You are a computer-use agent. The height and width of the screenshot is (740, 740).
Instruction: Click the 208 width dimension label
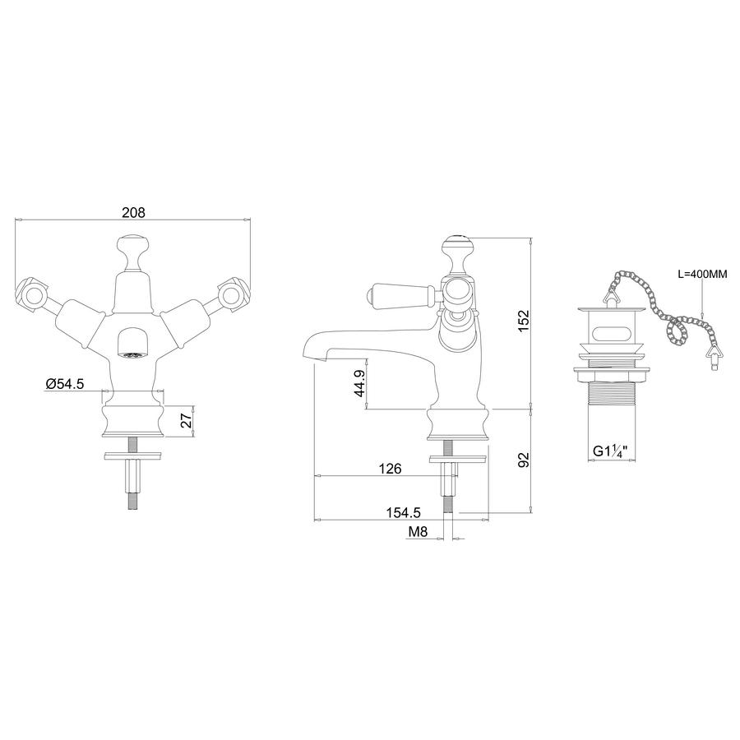133,212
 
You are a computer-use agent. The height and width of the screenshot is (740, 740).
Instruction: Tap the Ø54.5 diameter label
65,384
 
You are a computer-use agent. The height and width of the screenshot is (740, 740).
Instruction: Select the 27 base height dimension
187,420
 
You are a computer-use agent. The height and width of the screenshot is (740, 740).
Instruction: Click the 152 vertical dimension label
524,321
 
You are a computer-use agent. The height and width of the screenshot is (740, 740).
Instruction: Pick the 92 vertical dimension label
524,460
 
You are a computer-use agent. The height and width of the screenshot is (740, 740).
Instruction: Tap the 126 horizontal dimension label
391,468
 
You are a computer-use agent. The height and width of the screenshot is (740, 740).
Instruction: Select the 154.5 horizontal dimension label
404,512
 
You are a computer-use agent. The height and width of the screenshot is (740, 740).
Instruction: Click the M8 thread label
418,532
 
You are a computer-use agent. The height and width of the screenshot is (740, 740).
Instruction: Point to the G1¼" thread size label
612,451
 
